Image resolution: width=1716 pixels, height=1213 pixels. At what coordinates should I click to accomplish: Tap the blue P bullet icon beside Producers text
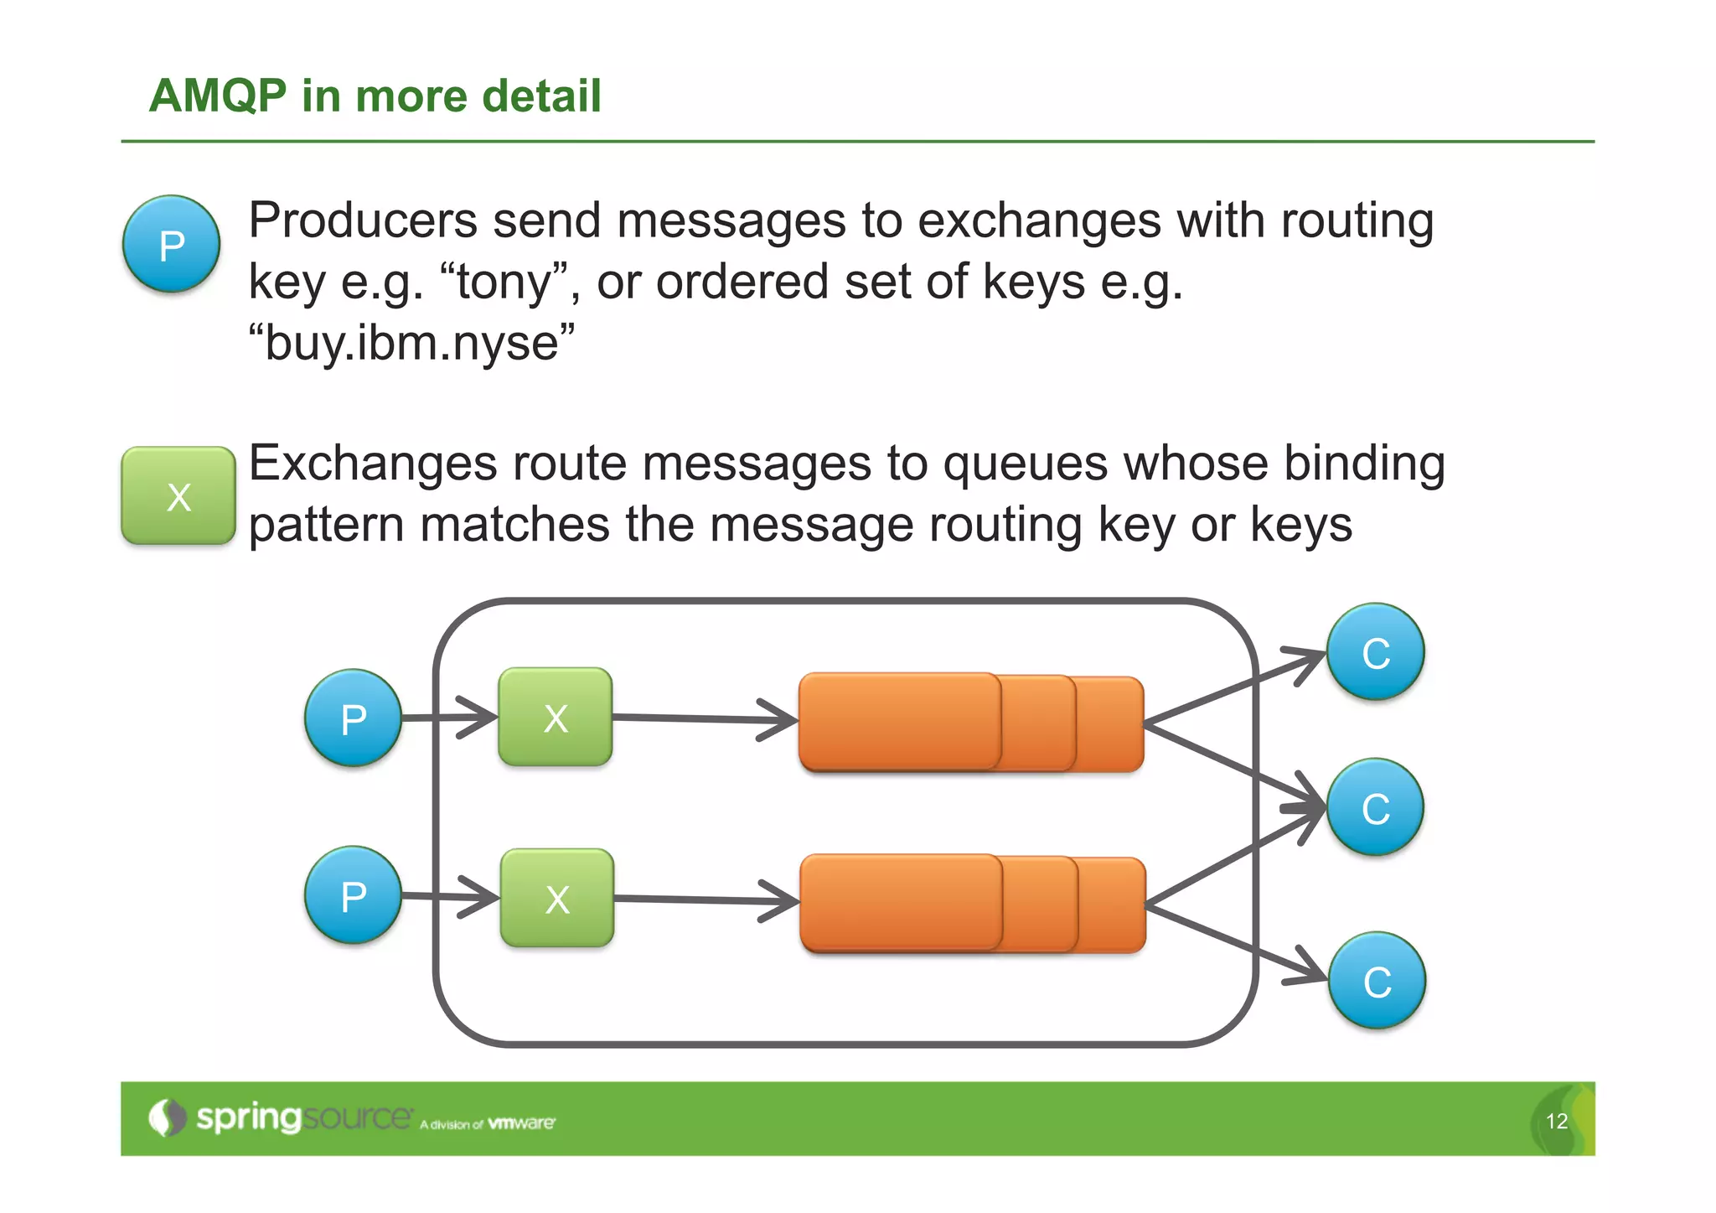(172, 245)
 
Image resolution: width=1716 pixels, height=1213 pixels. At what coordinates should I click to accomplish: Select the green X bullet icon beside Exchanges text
(178, 496)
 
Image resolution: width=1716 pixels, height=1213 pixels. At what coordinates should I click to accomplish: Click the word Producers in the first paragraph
(362, 220)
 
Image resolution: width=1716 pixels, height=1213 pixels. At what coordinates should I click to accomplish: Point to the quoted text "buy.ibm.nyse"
(411, 343)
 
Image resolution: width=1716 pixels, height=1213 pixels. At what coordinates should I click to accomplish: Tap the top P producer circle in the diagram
(354, 718)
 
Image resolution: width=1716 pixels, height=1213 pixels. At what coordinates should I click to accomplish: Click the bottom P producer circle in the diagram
(354, 895)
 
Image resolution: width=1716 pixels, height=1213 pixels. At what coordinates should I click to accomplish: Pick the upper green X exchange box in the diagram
(556, 718)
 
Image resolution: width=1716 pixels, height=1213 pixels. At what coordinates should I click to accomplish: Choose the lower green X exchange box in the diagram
(557, 899)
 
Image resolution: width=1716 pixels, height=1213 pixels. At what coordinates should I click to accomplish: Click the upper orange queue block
(970, 722)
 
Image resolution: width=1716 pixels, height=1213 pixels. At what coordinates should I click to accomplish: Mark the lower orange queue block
(972, 904)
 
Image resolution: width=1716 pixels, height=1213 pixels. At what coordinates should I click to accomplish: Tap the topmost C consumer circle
(1375, 652)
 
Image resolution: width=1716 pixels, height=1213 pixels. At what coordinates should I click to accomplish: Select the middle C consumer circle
(1375, 807)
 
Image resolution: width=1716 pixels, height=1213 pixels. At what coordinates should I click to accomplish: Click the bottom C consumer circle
(1377, 981)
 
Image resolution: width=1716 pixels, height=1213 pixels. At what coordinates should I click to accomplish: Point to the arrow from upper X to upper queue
(704, 718)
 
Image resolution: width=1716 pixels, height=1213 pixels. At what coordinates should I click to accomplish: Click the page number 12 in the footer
(1556, 1122)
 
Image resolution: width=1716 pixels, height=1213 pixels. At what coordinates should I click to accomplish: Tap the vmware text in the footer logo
(521, 1123)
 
